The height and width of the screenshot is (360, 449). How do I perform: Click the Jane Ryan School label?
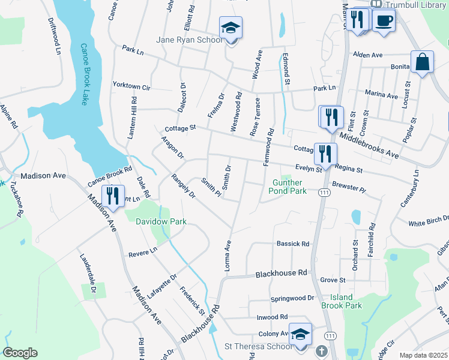[x=189, y=40]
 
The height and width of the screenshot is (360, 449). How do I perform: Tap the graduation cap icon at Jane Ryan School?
[x=230, y=28]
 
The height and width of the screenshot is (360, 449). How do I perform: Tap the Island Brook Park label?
[x=346, y=301]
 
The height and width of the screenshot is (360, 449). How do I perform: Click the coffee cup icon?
[x=384, y=20]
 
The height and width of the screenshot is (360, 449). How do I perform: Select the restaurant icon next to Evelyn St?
[x=325, y=153]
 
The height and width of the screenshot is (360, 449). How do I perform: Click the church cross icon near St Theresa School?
[x=322, y=350]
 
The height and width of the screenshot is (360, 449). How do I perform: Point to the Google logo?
[x=20, y=353]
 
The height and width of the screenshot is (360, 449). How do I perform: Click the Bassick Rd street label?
[x=292, y=244]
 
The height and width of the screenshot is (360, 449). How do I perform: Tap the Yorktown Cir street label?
[x=131, y=85]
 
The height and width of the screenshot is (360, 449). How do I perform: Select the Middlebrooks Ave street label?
[x=369, y=145]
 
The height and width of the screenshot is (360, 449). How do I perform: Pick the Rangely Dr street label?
[x=183, y=186]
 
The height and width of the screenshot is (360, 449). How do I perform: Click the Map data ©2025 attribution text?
[x=424, y=355]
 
